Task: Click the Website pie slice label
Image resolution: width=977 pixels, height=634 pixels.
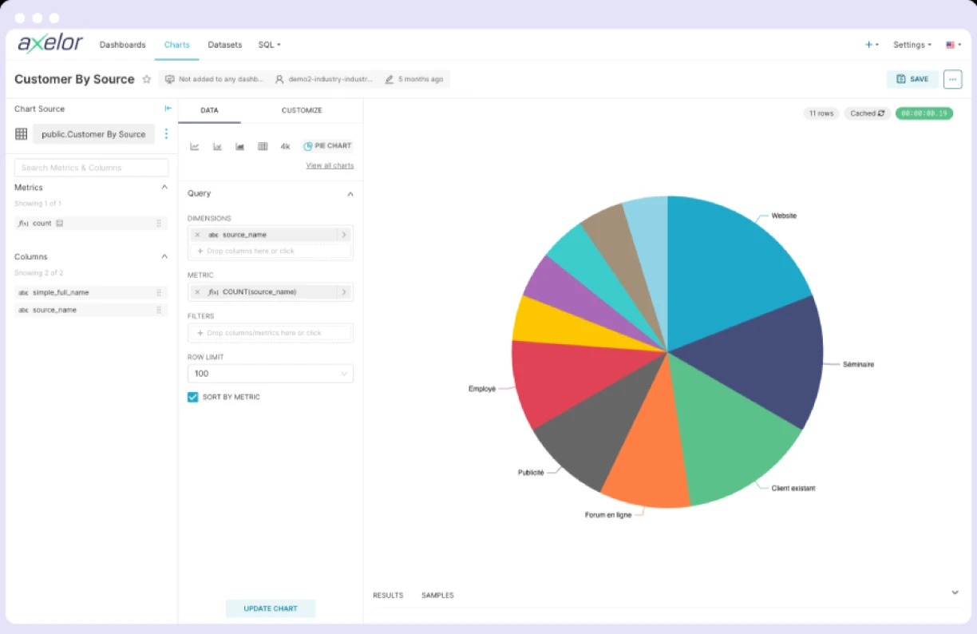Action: point(783,216)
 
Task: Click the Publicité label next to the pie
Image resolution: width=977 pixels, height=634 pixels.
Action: point(531,473)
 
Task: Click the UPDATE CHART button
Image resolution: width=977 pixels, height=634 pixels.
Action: point(271,608)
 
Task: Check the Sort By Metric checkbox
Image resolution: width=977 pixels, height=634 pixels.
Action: point(192,397)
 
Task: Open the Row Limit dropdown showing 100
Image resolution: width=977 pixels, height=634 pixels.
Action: point(270,374)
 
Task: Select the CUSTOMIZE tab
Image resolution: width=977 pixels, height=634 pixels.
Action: point(302,110)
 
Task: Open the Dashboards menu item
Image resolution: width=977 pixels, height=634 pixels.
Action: point(122,45)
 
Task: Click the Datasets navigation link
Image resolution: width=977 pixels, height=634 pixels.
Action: point(224,45)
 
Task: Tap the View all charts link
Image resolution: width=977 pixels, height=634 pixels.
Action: point(330,166)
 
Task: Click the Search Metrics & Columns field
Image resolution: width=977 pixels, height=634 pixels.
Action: point(91,168)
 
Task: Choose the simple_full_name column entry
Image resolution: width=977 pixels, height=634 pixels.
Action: point(61,292)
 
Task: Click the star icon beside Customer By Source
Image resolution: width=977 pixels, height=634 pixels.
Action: point(146,79)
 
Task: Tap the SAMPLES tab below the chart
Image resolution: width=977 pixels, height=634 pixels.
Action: point(437,596)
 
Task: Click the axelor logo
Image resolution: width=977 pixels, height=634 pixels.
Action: point(50,44)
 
